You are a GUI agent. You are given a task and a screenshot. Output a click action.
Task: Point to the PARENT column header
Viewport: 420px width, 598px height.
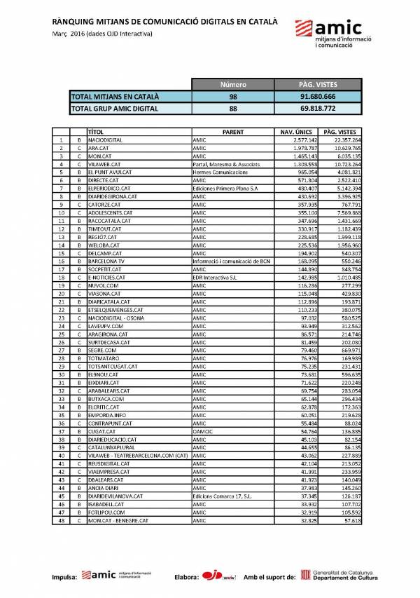point(233,132)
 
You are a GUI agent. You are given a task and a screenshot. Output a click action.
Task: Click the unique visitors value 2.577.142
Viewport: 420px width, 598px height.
point(300,140)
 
